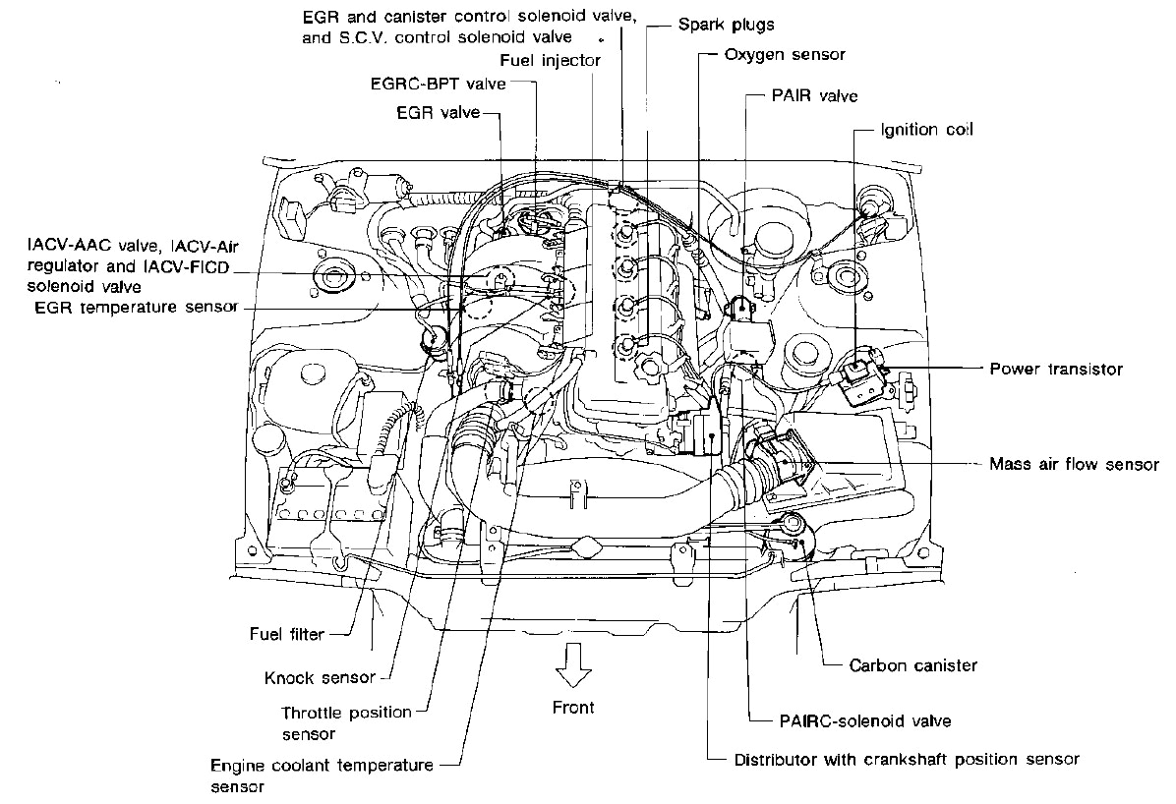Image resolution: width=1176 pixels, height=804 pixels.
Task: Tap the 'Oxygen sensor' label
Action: tap(784, 54)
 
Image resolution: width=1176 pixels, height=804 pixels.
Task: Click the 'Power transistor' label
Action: tap(1055, 370)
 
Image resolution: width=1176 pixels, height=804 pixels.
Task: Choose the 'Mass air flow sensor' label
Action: tap(1074, 463)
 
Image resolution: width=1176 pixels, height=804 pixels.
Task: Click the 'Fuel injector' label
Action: tap(551, 61)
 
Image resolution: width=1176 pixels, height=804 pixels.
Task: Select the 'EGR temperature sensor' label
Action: tap(134, 308)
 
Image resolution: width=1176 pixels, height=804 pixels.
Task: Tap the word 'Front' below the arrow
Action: tap(572, 707)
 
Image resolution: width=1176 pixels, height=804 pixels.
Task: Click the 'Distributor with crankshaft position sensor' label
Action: tap(907, 759)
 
